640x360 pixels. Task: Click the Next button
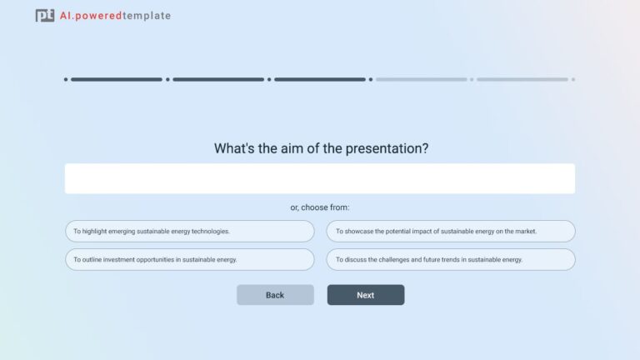tap(365, 295)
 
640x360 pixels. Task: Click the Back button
tap(275, 295)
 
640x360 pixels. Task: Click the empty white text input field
tap(320, 178)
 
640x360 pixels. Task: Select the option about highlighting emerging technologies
tap(190, 231)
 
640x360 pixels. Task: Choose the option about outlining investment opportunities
tap(190, 259)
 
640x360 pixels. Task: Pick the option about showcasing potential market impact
tap(450, 231)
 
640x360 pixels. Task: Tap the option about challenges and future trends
tap(450, 259)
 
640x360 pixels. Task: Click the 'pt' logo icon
tap(45, 15)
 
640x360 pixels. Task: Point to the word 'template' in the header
tap(147, 16)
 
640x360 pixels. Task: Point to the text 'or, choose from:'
tap(320, 207)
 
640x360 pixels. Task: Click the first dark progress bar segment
tap(117, 80)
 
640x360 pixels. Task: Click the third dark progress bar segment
tap(320, 80)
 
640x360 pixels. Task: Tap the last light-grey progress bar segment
tap(522, 80)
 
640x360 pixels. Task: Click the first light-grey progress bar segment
tap(421, 80)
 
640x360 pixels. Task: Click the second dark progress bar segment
tap(218, 80)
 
